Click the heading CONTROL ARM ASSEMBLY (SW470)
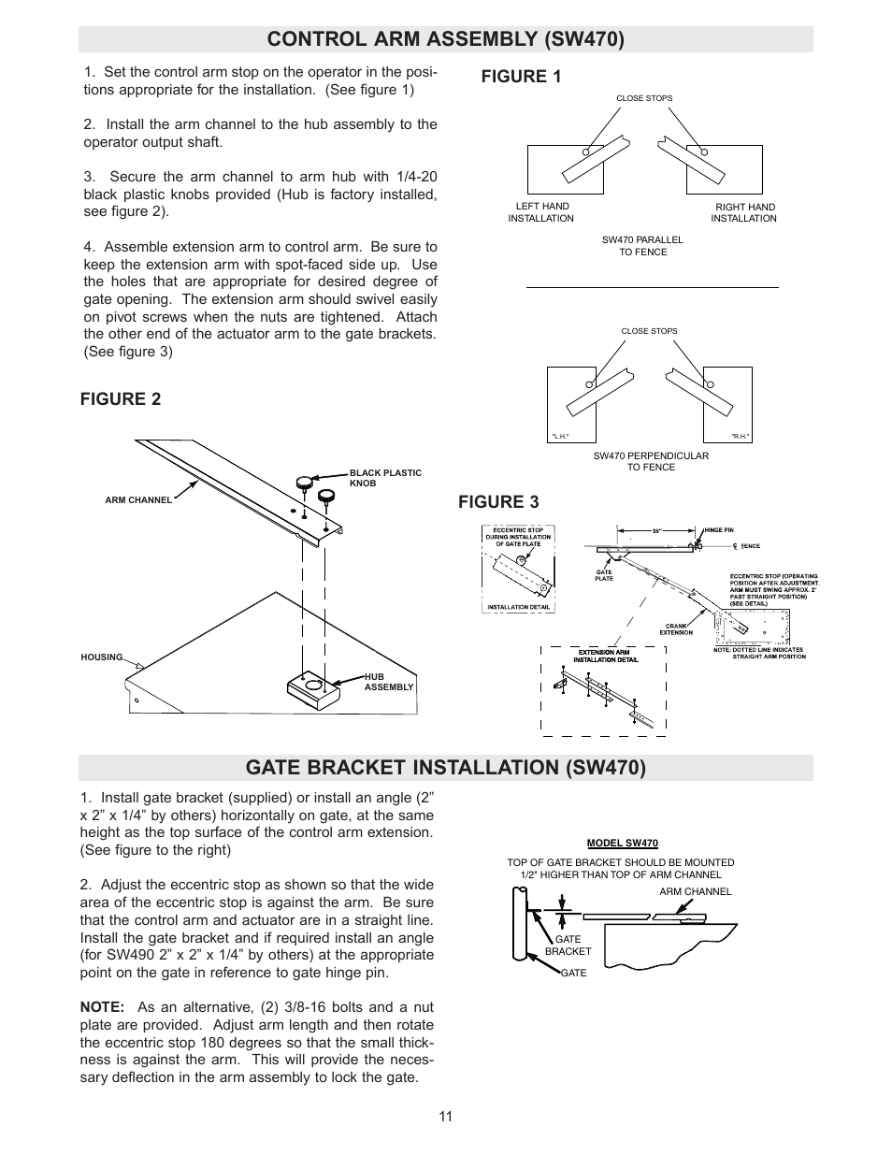click(445, 39)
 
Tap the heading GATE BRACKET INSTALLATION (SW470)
click(445, 768)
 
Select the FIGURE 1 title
click(521, 78)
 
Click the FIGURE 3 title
click(498, 502)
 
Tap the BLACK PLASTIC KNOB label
click(385, 478)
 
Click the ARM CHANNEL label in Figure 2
click(138, 500)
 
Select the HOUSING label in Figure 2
click(102, 657)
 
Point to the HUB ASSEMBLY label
click(388, 682)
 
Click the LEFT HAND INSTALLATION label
click(541, 212)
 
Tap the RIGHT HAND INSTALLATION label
click(743, 212)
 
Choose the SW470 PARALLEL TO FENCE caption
click(642, 246)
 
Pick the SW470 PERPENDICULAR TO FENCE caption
click(651, 461)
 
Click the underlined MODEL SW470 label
click(622, 843)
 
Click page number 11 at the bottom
click(445, 1116)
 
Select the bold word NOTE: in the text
click(102, 1007)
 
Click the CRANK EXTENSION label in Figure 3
click(676, 629)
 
